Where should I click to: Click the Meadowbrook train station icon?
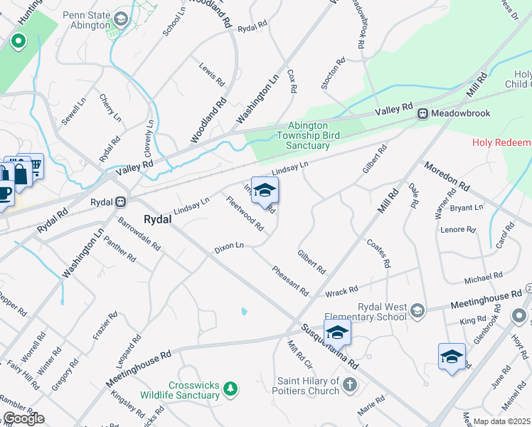[422, 113]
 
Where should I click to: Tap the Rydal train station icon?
[121, 202]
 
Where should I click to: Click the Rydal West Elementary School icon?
[417, 310]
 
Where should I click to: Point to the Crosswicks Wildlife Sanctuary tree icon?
[230, 388]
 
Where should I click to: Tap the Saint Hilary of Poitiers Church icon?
[349, 385]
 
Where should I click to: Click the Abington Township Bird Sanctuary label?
[308, 135]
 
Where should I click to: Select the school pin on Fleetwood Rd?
[265, 191]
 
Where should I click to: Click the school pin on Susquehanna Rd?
[337, 332]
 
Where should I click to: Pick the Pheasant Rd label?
[290, 281]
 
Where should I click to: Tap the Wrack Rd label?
[341, 291]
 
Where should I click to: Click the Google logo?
[23, 418]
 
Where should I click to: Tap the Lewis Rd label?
[212, 73]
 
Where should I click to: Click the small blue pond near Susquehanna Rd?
[243, 311]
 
